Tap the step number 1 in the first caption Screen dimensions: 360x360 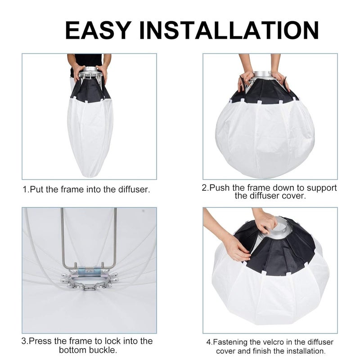click(25, 189)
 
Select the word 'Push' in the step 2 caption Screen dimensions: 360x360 click(219, 188)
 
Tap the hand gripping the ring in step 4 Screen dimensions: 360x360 click(265, 221)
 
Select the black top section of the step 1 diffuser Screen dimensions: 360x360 click(90, 90)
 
